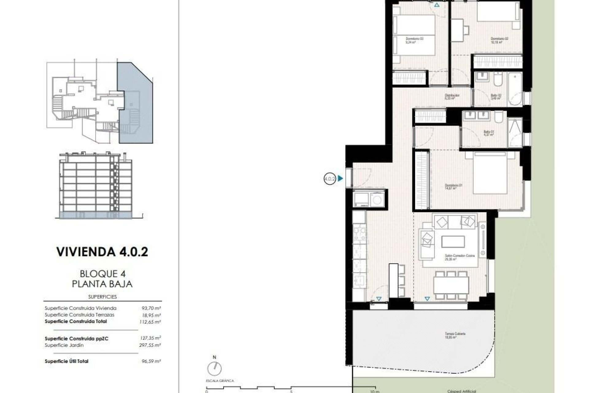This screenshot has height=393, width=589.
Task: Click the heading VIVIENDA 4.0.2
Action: click(102, 252)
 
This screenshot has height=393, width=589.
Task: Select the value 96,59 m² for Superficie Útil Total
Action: click(150, 361)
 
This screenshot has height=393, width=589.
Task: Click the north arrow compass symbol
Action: click(214, 368)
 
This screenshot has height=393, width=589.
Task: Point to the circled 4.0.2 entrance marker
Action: click(329, 178)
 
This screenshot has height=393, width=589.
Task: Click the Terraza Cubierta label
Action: click(455, 335)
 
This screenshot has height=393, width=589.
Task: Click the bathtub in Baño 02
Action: click(515, 89)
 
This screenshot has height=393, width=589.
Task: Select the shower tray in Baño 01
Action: click(514, 132)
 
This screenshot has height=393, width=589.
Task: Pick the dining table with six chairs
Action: click(451, 285)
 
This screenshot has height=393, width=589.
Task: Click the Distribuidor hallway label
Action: click(452, 97)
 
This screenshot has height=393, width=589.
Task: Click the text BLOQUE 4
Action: click(102, 273)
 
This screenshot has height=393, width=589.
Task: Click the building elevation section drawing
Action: click(97, 185)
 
